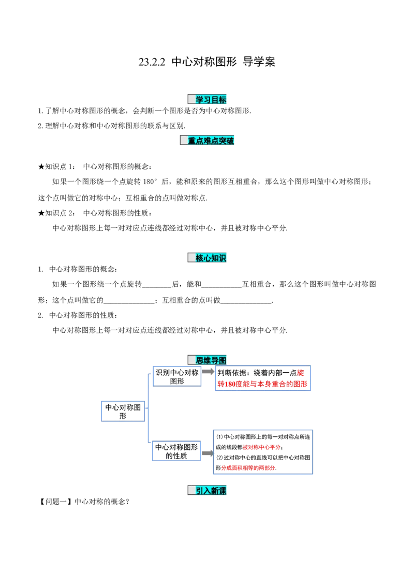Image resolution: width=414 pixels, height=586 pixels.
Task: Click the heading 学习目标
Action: [x=211, y=99]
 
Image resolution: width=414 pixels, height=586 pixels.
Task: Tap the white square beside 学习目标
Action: [x=191, y=99]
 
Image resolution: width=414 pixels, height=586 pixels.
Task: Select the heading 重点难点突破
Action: [x=211, y=141]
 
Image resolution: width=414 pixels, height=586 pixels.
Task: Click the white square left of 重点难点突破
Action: [x=184, y=140]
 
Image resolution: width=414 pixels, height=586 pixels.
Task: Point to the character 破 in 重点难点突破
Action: [x=230, y=141]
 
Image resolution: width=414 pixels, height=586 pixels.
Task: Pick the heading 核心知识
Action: [x=211, y=258]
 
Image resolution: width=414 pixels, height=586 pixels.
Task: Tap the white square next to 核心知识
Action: [x=191, y=257]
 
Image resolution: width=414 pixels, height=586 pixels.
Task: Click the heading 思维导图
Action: [x=211, y=360]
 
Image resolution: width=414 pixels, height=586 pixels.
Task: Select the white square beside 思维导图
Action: [x=191, y=360]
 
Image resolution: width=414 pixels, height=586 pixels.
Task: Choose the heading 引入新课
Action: [x=211, y=491]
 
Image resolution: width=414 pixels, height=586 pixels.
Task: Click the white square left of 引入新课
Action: [x=191, y=490]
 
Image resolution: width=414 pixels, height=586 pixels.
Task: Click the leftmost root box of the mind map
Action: [x=122, y=411]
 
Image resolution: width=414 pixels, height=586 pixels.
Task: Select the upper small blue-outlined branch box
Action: [x=176, y=377]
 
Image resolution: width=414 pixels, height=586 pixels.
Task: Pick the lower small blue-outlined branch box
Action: [x=176, y=451]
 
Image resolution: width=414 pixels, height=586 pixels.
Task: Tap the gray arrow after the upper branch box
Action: [x=208, y=372]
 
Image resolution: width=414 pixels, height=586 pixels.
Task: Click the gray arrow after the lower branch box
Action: [x=208, y=452]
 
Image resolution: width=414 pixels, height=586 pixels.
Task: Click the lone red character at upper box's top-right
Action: [x=301, y=373]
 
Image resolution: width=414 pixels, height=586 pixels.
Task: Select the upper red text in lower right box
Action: [x=261, y=447]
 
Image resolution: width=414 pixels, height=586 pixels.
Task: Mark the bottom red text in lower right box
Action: [x=248, y=468]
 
